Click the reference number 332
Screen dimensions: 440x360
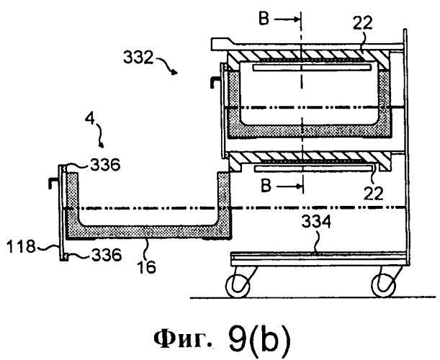[138, 58]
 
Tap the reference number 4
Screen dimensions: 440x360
[90, 119]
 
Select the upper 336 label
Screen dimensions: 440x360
[105, 165]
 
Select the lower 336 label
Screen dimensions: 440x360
[107, 255]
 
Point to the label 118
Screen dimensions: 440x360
[22, 247]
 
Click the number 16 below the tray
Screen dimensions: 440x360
[146, 267]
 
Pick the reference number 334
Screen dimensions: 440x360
[316, 222]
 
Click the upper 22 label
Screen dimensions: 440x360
[362, 23]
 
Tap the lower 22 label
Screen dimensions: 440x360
[373, 194]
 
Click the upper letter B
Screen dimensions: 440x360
[264, 19]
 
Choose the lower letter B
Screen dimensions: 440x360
[266, 186]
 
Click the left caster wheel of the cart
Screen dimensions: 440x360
[238, 286]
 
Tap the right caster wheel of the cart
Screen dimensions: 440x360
[384, 286]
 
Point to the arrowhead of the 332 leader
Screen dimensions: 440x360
[175, 72]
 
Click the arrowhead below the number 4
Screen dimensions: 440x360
[102, 145]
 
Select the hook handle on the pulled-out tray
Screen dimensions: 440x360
[53, 183]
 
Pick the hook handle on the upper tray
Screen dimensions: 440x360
[215, 83]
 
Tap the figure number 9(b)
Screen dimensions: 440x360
[259, 339]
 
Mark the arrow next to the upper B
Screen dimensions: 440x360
[286, 19]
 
